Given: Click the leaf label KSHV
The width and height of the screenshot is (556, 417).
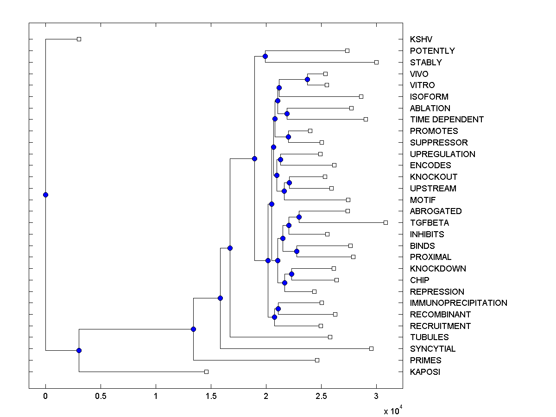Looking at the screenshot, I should pos(421,39).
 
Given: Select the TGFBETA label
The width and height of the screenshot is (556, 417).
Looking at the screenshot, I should pos(429,223).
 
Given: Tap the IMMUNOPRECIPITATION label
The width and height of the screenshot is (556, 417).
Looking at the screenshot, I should pos(458,303).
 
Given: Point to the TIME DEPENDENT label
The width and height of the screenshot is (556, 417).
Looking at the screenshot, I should pos(447,120).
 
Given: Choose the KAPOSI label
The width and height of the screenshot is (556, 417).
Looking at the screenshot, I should pos(425,372).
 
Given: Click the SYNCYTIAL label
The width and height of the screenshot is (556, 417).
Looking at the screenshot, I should pos(433,349).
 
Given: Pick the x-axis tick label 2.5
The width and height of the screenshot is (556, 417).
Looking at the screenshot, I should pos(321,396).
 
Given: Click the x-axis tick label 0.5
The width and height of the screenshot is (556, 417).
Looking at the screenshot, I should pos(101,396).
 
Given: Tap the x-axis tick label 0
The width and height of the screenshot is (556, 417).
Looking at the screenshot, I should pos(45,396).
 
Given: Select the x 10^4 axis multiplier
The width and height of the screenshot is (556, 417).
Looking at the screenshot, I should pos(392,411).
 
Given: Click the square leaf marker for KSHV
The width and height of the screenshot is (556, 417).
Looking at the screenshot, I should pos(79,39).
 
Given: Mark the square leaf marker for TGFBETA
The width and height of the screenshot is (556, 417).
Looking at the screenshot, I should pos(385,222).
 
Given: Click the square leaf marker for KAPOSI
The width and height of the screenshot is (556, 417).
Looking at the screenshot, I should pos(207,372).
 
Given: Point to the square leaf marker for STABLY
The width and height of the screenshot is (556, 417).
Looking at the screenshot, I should pos(376,62).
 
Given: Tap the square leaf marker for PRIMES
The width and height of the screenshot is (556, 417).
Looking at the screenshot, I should pos(317,360).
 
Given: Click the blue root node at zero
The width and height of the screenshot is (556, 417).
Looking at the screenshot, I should pos(45,195).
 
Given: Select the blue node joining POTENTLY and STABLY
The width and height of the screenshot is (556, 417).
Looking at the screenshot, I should pos(265,57).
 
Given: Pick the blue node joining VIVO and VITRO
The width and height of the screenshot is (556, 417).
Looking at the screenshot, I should pos(307,80).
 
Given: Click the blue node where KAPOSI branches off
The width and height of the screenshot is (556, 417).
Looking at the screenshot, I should pos(79,350).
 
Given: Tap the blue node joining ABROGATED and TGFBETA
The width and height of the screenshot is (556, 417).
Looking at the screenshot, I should pos(299,217).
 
